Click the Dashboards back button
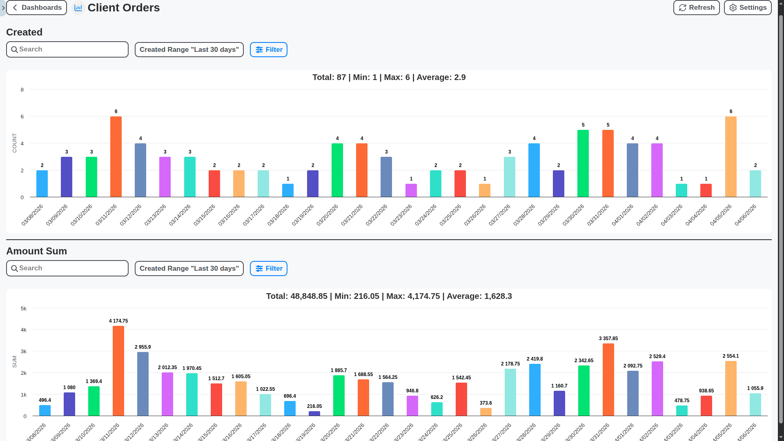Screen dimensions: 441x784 [x=36, y=8]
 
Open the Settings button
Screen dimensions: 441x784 [x=747, y=8]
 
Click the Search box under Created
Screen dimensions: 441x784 [x=67, y=49]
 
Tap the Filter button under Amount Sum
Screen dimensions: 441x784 [x=268, y=269]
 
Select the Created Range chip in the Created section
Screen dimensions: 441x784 [x=189, y=50]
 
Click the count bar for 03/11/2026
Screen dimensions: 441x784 [x=116, y=157]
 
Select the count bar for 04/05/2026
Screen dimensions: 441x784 [x=731, y=157]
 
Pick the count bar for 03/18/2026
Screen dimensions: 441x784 [x=288, y=191]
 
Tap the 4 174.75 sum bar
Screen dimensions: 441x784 [x=118, y=371]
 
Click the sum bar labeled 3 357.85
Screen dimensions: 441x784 [x=608, y=380]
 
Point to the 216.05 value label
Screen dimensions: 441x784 [x=314, y=406]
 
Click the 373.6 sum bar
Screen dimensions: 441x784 [x=486, y=412]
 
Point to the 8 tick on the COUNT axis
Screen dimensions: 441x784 [x=22, y=90]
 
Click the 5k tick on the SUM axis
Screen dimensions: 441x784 [x=24, y=309]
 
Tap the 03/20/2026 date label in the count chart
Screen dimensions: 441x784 [x=327, y=215]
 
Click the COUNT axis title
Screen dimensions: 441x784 [x=15, y=143]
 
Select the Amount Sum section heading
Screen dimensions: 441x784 [x=36, y=251]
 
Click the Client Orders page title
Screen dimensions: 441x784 [x=123, y=8]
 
